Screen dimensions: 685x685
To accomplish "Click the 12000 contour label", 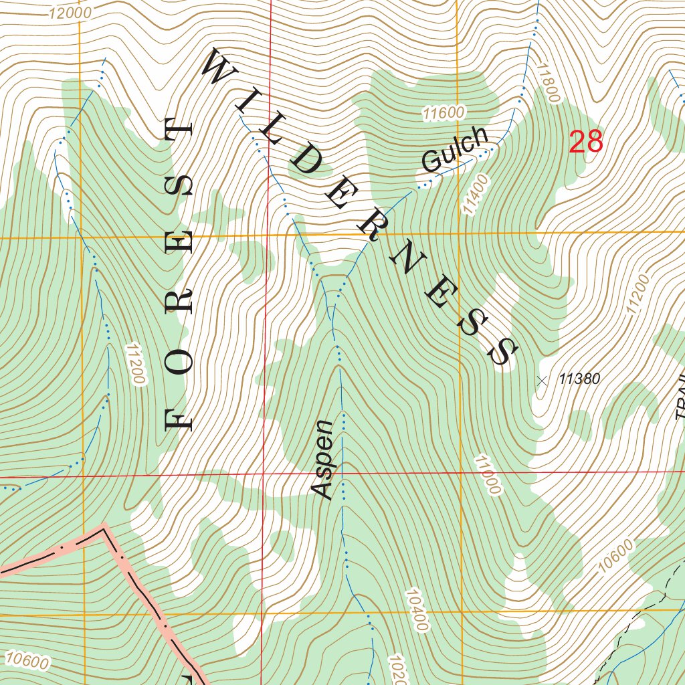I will click(x=70, y=12).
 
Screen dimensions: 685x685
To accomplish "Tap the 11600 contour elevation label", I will click(x=443, y=113).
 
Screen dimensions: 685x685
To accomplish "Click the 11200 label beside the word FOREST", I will click(x=134, y=364).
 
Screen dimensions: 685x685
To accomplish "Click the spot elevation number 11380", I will click(x=579, y=379).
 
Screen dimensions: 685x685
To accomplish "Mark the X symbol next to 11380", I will click(x=543, y=381).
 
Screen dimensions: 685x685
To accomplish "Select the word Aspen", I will click(x=322, y=460).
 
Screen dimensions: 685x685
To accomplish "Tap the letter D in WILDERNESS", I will click(x=305, y=161).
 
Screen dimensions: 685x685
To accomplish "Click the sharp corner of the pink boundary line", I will click(x=104, y=528).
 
